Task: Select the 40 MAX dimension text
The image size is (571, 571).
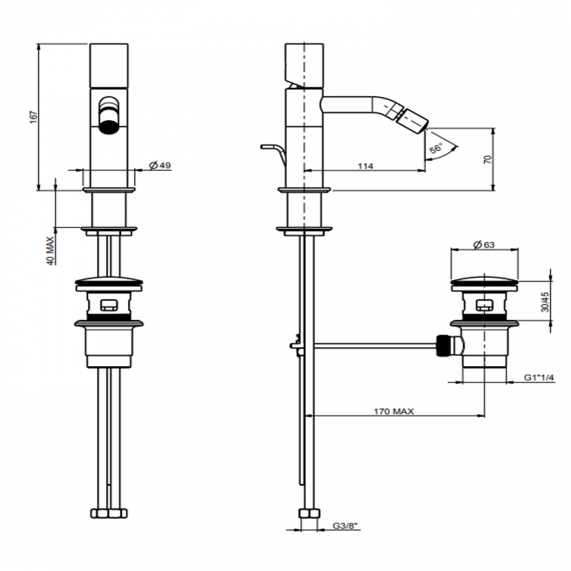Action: coord(50,250)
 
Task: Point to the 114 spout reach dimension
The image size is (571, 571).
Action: coord(365,166)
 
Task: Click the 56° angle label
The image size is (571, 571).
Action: coord(436,148)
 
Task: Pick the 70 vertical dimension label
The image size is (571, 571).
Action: coord(487,159)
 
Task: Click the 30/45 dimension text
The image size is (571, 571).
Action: coord(545,302)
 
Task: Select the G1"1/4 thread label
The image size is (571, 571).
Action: coord(539,378)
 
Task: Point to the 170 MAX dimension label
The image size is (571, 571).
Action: coord(394,412)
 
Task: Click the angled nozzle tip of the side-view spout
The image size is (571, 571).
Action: coord(416,119)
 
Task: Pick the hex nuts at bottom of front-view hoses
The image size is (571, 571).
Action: coord(109,513)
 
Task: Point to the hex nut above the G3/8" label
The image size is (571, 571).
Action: coord(309,513)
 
